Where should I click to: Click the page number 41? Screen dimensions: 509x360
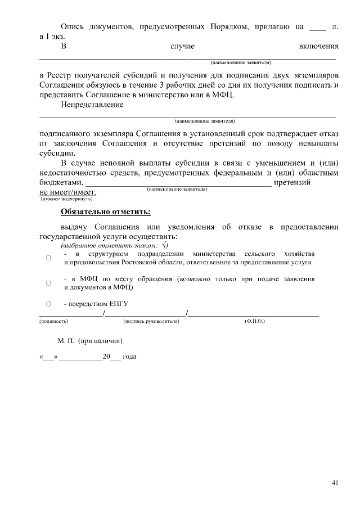click(x=335, y=482)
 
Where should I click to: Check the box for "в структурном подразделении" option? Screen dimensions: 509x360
click(x=48, y=258)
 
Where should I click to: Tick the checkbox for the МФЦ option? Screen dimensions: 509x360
click(x=48, y=283)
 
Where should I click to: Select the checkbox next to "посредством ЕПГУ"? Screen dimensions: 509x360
click(x=48, y=304)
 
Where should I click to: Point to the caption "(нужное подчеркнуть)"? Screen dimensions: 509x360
click(x=66, y=199)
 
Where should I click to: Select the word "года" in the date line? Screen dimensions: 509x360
click(x=130, y=357)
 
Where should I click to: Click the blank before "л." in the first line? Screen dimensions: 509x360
click(x=318, y=27)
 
